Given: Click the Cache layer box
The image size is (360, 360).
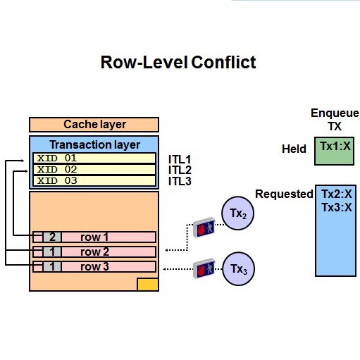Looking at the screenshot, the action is pos(94,125).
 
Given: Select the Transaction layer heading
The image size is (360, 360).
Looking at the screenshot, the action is pos(95,144).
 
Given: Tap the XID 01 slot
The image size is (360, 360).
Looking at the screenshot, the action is pos(94,158).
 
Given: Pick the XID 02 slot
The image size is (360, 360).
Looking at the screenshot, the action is pos(94,169).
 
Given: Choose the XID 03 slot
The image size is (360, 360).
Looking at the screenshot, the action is pos(94,180).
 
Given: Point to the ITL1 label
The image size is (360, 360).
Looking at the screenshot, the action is pos(180,160).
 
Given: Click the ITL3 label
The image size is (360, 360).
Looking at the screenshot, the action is pos(180,181).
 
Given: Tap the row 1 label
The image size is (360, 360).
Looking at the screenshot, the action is pos(94,237).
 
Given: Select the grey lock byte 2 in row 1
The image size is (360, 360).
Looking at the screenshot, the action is pos(52,237).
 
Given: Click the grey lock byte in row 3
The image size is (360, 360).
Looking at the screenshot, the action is pos(52,266).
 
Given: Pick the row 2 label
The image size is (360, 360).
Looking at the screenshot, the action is pos(94,252).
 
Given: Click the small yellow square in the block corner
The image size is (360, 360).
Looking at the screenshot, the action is pos(148,285).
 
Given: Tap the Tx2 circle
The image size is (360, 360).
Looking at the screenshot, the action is pos(238,213).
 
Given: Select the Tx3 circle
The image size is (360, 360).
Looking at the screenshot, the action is pos(238,268).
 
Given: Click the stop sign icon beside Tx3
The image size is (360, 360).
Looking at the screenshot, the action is pos(204,268).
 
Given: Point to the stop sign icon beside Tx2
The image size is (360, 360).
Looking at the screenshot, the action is pos(204,228).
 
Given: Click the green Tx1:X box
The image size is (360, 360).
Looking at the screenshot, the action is pos(334,151).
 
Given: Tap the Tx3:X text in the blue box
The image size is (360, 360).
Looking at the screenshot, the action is pos(337,207).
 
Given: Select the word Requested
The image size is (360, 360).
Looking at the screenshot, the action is pos(284,194).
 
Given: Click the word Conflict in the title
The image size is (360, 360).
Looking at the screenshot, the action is pos(223,62).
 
